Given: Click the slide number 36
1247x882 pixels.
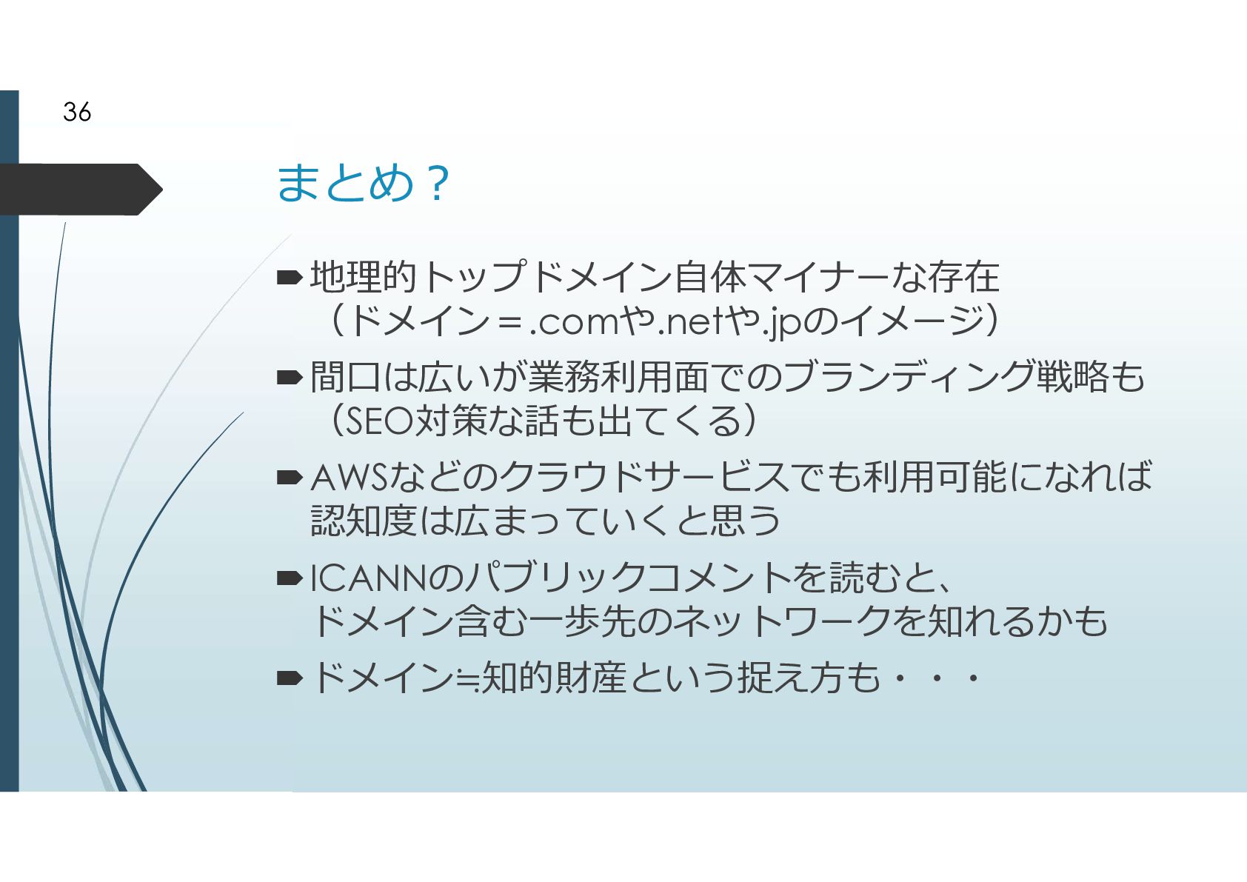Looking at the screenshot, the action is (x=77, y=112).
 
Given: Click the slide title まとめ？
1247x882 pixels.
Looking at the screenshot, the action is (x=362, y=183).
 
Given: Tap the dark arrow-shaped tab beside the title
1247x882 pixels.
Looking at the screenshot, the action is (x=80, y=190).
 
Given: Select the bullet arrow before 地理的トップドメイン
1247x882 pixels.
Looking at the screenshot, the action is (x=289, y=278).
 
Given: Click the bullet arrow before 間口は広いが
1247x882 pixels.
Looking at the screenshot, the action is (x=289, y=378).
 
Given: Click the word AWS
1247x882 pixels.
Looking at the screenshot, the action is (x=349, y=478).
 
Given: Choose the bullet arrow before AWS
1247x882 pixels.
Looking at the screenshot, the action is (x=289, y=478).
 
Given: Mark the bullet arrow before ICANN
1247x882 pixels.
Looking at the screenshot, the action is (x=289, y=578).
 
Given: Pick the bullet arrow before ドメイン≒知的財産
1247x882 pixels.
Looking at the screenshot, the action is (x=289, y=678).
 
